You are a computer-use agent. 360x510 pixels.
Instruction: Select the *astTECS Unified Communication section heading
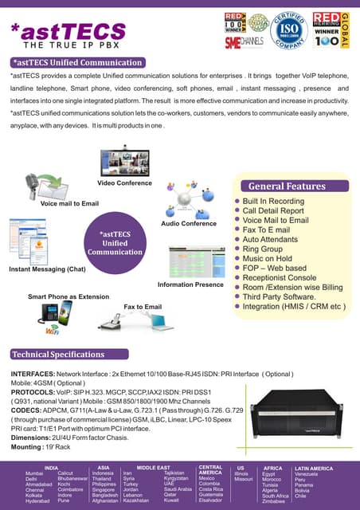(72, 62)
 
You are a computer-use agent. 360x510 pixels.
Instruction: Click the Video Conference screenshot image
(124, 163)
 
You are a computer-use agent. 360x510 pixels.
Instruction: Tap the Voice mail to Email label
(69, 203)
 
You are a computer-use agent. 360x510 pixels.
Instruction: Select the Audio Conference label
(189, 224)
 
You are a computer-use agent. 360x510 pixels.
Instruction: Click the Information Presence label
(190, 284)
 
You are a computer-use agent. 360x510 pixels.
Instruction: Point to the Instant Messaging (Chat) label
(47, 269)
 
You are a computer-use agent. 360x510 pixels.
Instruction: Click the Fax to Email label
(143, 307)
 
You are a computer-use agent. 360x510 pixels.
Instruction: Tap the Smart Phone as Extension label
(68, 296)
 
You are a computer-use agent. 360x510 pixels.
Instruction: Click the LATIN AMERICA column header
(313, 468)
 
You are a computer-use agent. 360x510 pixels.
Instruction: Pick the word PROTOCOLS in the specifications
(32, 394)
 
